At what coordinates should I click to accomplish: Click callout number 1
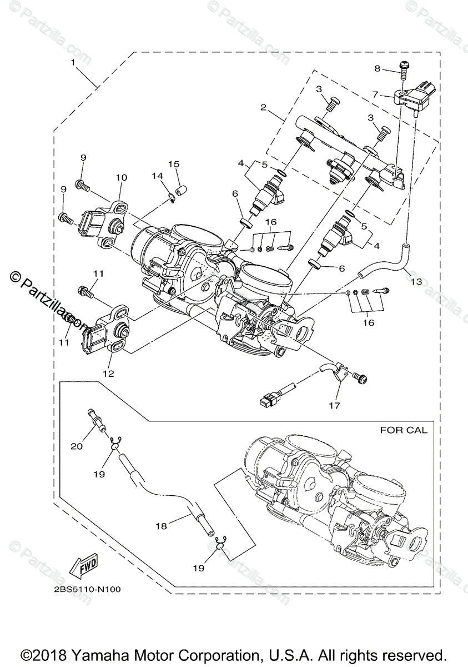coord(73,62)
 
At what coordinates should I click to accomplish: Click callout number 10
coord(122,177)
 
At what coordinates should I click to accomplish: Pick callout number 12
coord(108,374)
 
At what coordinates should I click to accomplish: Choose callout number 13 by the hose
coord(416,282)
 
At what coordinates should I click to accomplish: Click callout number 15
coord(174,164)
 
